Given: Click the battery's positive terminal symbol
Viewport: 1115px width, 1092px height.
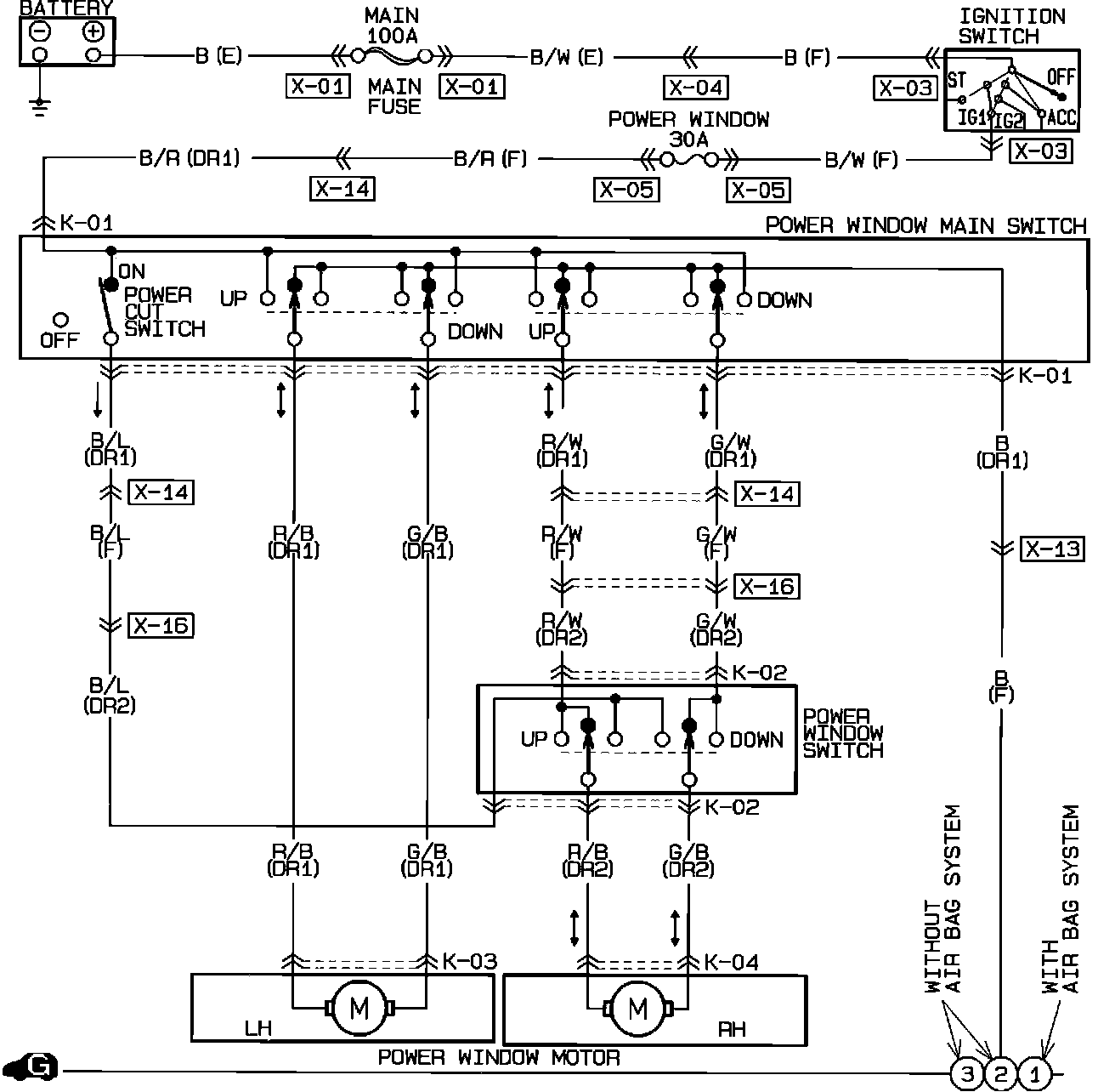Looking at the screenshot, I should click(93, 32).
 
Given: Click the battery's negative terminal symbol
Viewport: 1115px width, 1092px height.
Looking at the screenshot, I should click(40, 32).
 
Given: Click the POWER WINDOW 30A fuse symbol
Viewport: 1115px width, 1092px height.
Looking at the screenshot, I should click(689, 159).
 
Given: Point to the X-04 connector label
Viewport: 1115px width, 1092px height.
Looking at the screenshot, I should click(695, 88).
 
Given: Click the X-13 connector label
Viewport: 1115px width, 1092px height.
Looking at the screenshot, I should click(1053, 549).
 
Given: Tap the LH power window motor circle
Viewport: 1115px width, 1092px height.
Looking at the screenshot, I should click(359, 1009).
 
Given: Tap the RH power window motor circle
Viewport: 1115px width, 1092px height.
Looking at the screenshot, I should click(637, 1009).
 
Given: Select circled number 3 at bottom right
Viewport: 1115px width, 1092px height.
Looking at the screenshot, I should click(967, 1074).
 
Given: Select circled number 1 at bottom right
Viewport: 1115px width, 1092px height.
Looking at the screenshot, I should click(1034, 1074).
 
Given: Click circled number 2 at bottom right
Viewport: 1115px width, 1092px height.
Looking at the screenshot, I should click(1000, 1074).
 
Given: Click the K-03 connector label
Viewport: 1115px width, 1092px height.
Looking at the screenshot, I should click(469, 962).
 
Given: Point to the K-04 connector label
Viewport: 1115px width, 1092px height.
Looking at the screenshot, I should click(731, 963).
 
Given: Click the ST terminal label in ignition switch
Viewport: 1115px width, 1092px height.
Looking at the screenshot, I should click(957, 81).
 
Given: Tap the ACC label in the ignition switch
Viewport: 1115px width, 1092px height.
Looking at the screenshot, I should click(1062, 117).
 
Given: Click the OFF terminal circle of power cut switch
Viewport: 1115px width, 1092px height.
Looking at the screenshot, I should click(60, 321).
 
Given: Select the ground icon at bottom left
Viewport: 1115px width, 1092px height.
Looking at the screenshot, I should click(33, 1068).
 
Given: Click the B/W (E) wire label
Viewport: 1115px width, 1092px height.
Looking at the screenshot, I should click(567, 57).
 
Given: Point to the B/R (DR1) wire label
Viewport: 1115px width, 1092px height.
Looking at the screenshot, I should click(190, 158).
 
